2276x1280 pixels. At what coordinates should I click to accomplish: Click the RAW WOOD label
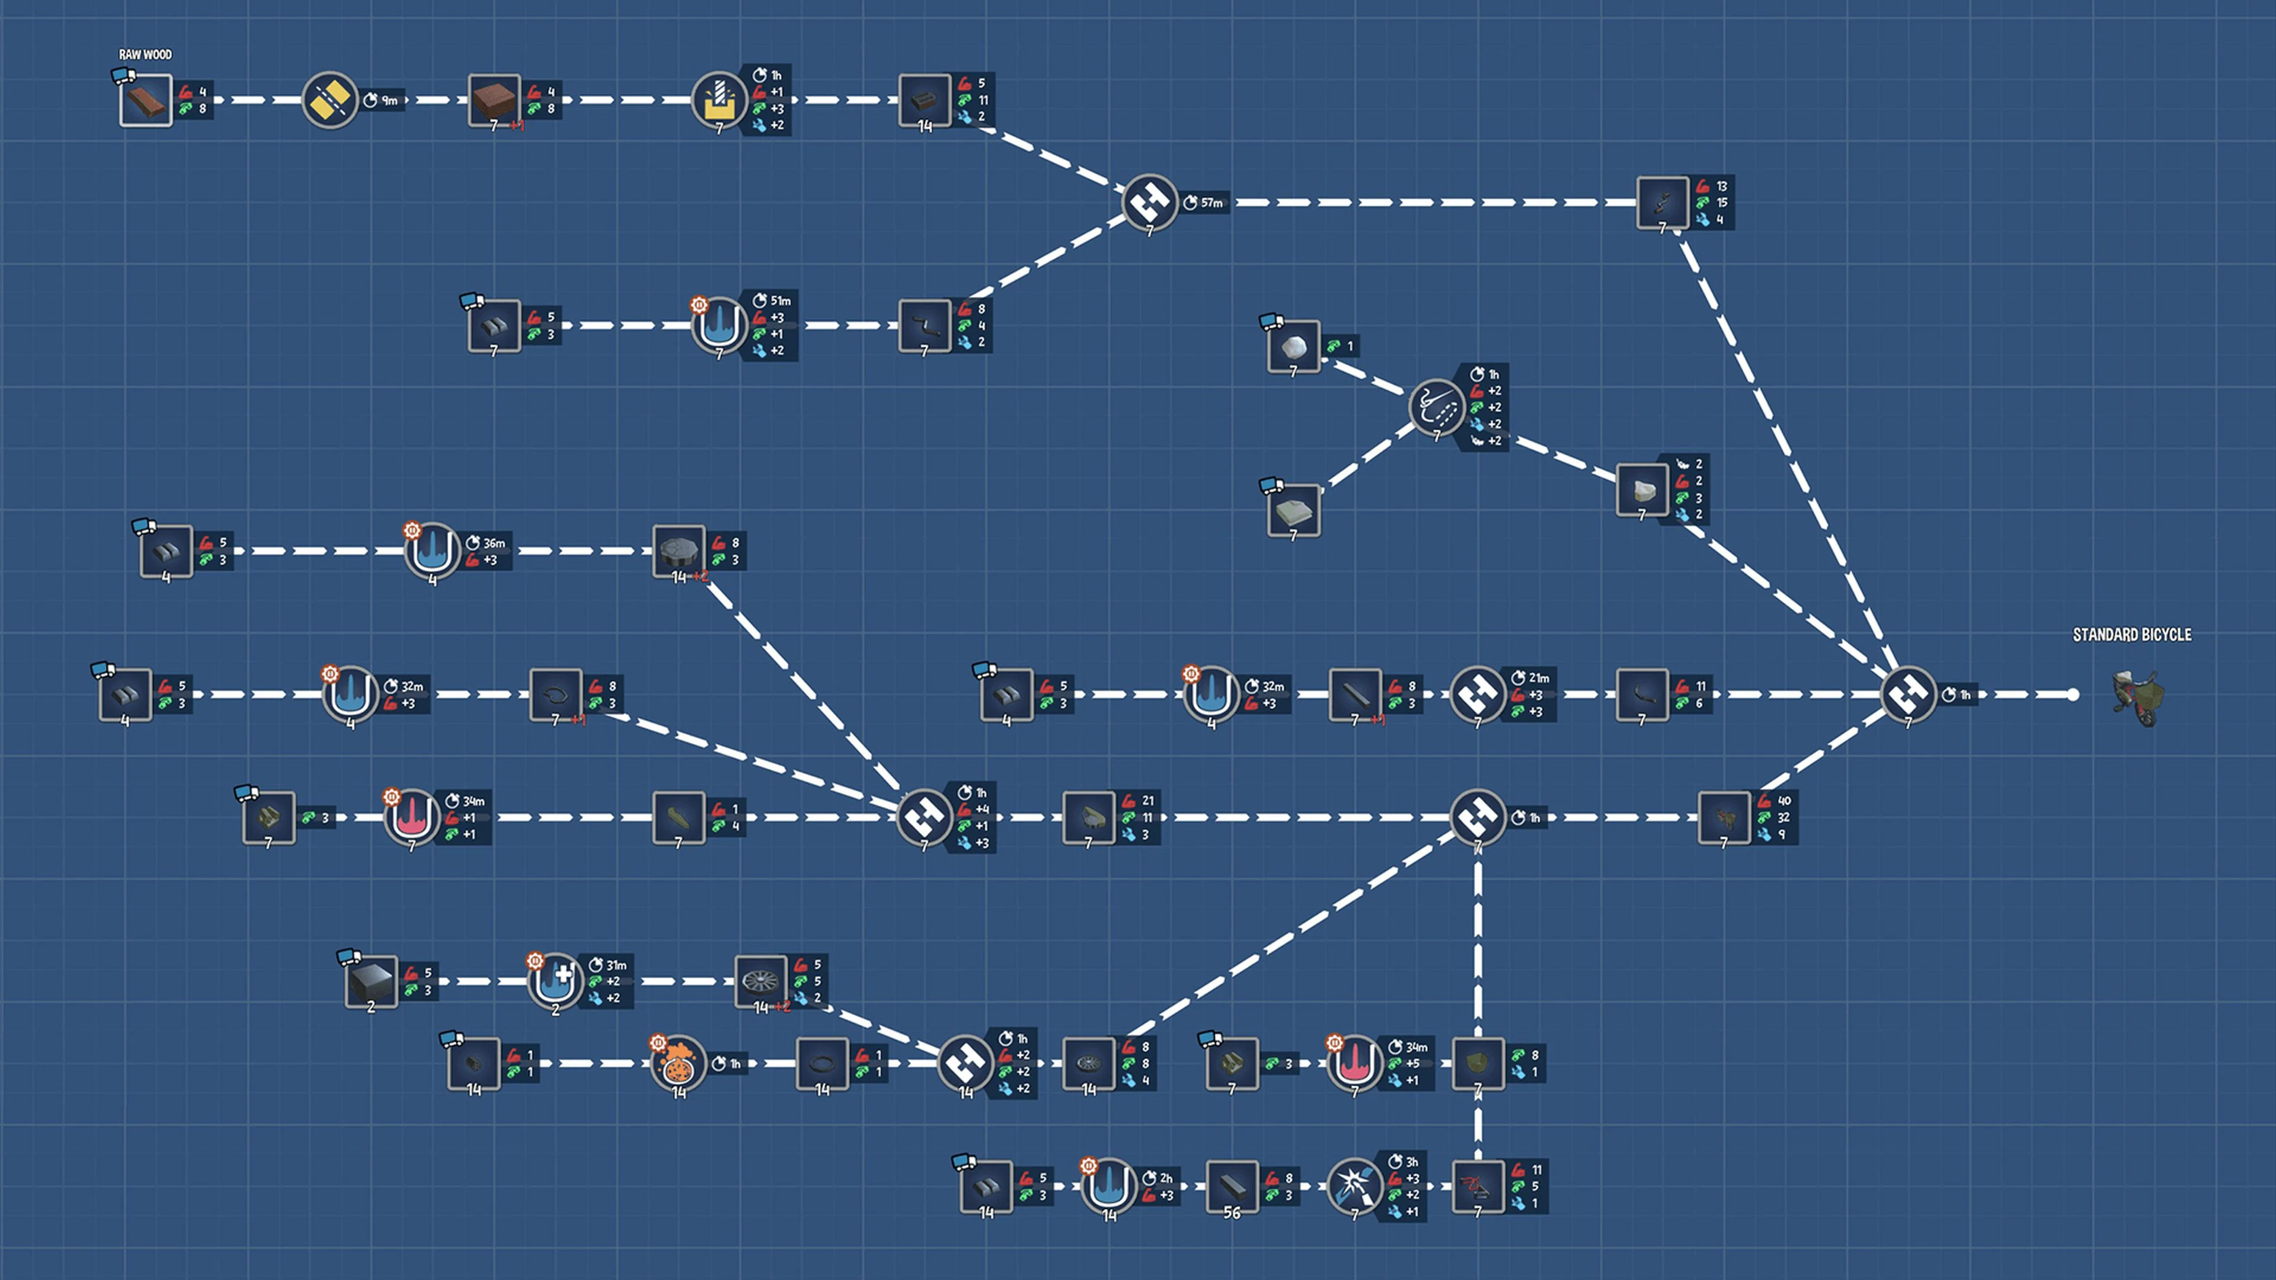pyautogui.click(x=145, y=55)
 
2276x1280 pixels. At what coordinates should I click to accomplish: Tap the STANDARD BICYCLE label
pyautogui.click(x=2131, y=634)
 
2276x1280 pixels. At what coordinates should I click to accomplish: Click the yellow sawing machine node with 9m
pyautogui.click(x=330, y=100)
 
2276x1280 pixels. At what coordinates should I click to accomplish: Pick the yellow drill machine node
pyautogui.click(x=718, y=100)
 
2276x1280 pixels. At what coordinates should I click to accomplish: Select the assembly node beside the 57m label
pyautogui.click(x=1149, y=202)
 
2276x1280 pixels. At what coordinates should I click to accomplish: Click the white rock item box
pyautogui.click(x=1293, y=346)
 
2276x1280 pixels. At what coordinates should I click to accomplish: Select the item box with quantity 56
pyautogui.click(x=1232, y=1186)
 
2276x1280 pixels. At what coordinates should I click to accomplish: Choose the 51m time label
pyautogui.click(x=779, y=301)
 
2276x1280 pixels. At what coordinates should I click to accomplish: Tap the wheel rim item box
pyautogui.click(x=760, y=981)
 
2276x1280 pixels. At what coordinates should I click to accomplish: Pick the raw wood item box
pyautogui.click(x=146, y=100)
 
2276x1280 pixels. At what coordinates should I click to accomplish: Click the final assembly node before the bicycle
pyautogui.click(x=1907, y=695)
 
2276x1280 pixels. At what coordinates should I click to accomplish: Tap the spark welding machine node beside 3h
pyautogui.click(x=1354, y=1186)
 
